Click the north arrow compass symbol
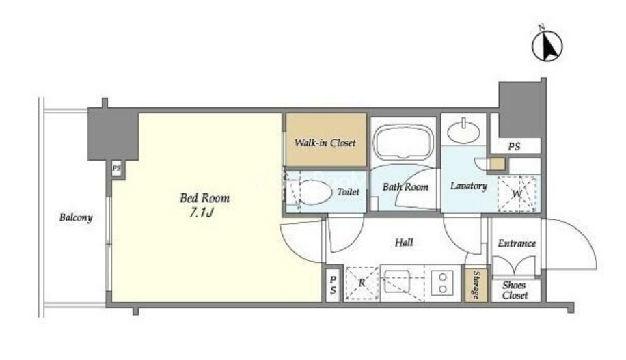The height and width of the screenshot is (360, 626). pos(547,44)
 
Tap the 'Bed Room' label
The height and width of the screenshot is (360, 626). pos(204,198)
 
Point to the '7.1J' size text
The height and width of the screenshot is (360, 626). pos(202,212)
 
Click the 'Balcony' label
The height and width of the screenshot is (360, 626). pos(76,217)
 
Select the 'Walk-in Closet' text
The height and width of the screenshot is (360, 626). pos(325,143)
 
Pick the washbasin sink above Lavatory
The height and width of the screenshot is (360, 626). pos(463,130)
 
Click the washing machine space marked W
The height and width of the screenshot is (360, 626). pos(517,193)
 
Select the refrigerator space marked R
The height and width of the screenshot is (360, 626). pos(362,283)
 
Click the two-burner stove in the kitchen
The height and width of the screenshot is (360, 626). pos(442,283)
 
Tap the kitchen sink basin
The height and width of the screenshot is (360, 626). pos(396,283)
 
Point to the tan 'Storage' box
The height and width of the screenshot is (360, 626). pos(476,285)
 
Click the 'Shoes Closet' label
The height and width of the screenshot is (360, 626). pos(515,290)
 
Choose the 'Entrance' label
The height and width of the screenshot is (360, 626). pos(517,243)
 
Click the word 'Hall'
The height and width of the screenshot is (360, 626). pos(404,243)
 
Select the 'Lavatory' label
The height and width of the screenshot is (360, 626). pos(469,186)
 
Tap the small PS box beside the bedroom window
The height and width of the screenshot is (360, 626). pos(117,169)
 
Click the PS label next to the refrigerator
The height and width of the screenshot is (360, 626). pos(333,286)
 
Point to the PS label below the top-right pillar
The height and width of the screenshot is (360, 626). pos(514,147)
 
